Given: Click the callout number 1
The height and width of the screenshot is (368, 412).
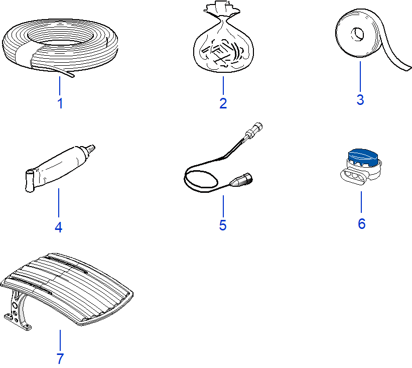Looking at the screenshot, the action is pos(60,103).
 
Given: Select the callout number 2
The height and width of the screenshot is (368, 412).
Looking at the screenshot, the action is pos(223,103).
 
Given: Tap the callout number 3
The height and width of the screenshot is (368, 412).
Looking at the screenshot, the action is pos(360,99).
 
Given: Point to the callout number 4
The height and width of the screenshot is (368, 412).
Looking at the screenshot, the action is pos(58,227).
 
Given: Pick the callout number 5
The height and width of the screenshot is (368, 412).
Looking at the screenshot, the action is pos(223,225).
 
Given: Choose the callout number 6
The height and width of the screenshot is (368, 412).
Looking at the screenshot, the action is pos(361,224).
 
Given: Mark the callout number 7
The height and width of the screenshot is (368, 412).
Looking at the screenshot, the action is pos(60,358).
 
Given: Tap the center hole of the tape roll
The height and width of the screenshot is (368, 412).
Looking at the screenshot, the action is pos(358,35).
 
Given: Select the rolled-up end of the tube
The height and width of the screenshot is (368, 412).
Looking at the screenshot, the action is pos(30,181).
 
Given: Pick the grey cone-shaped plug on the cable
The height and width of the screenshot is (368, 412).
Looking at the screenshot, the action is pos(241,180).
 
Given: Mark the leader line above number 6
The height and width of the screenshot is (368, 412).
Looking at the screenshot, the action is pos(361,202).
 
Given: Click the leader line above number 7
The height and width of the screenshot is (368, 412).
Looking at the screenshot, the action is pos(60,340).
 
